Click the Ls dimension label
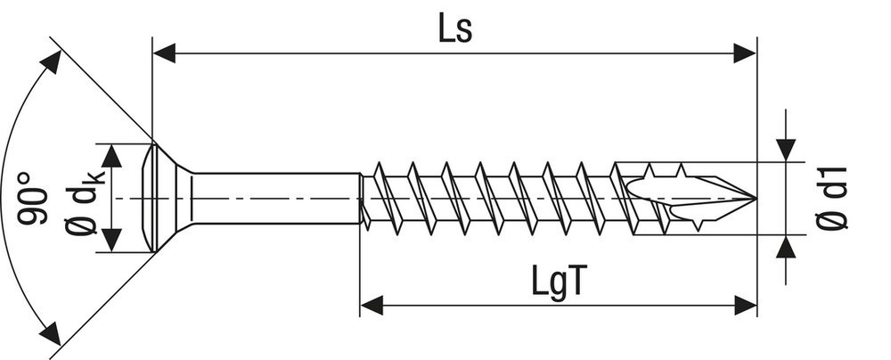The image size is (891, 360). click(454, 29)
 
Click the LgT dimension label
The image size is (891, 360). click(559, 282)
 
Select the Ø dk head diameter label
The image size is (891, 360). click(86, 198)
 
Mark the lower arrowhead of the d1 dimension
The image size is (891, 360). click(786, 247)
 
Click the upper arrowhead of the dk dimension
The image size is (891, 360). click(110, 156)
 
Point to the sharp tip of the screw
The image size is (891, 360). click(754, 198)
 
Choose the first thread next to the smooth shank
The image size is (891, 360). click(378, 198)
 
